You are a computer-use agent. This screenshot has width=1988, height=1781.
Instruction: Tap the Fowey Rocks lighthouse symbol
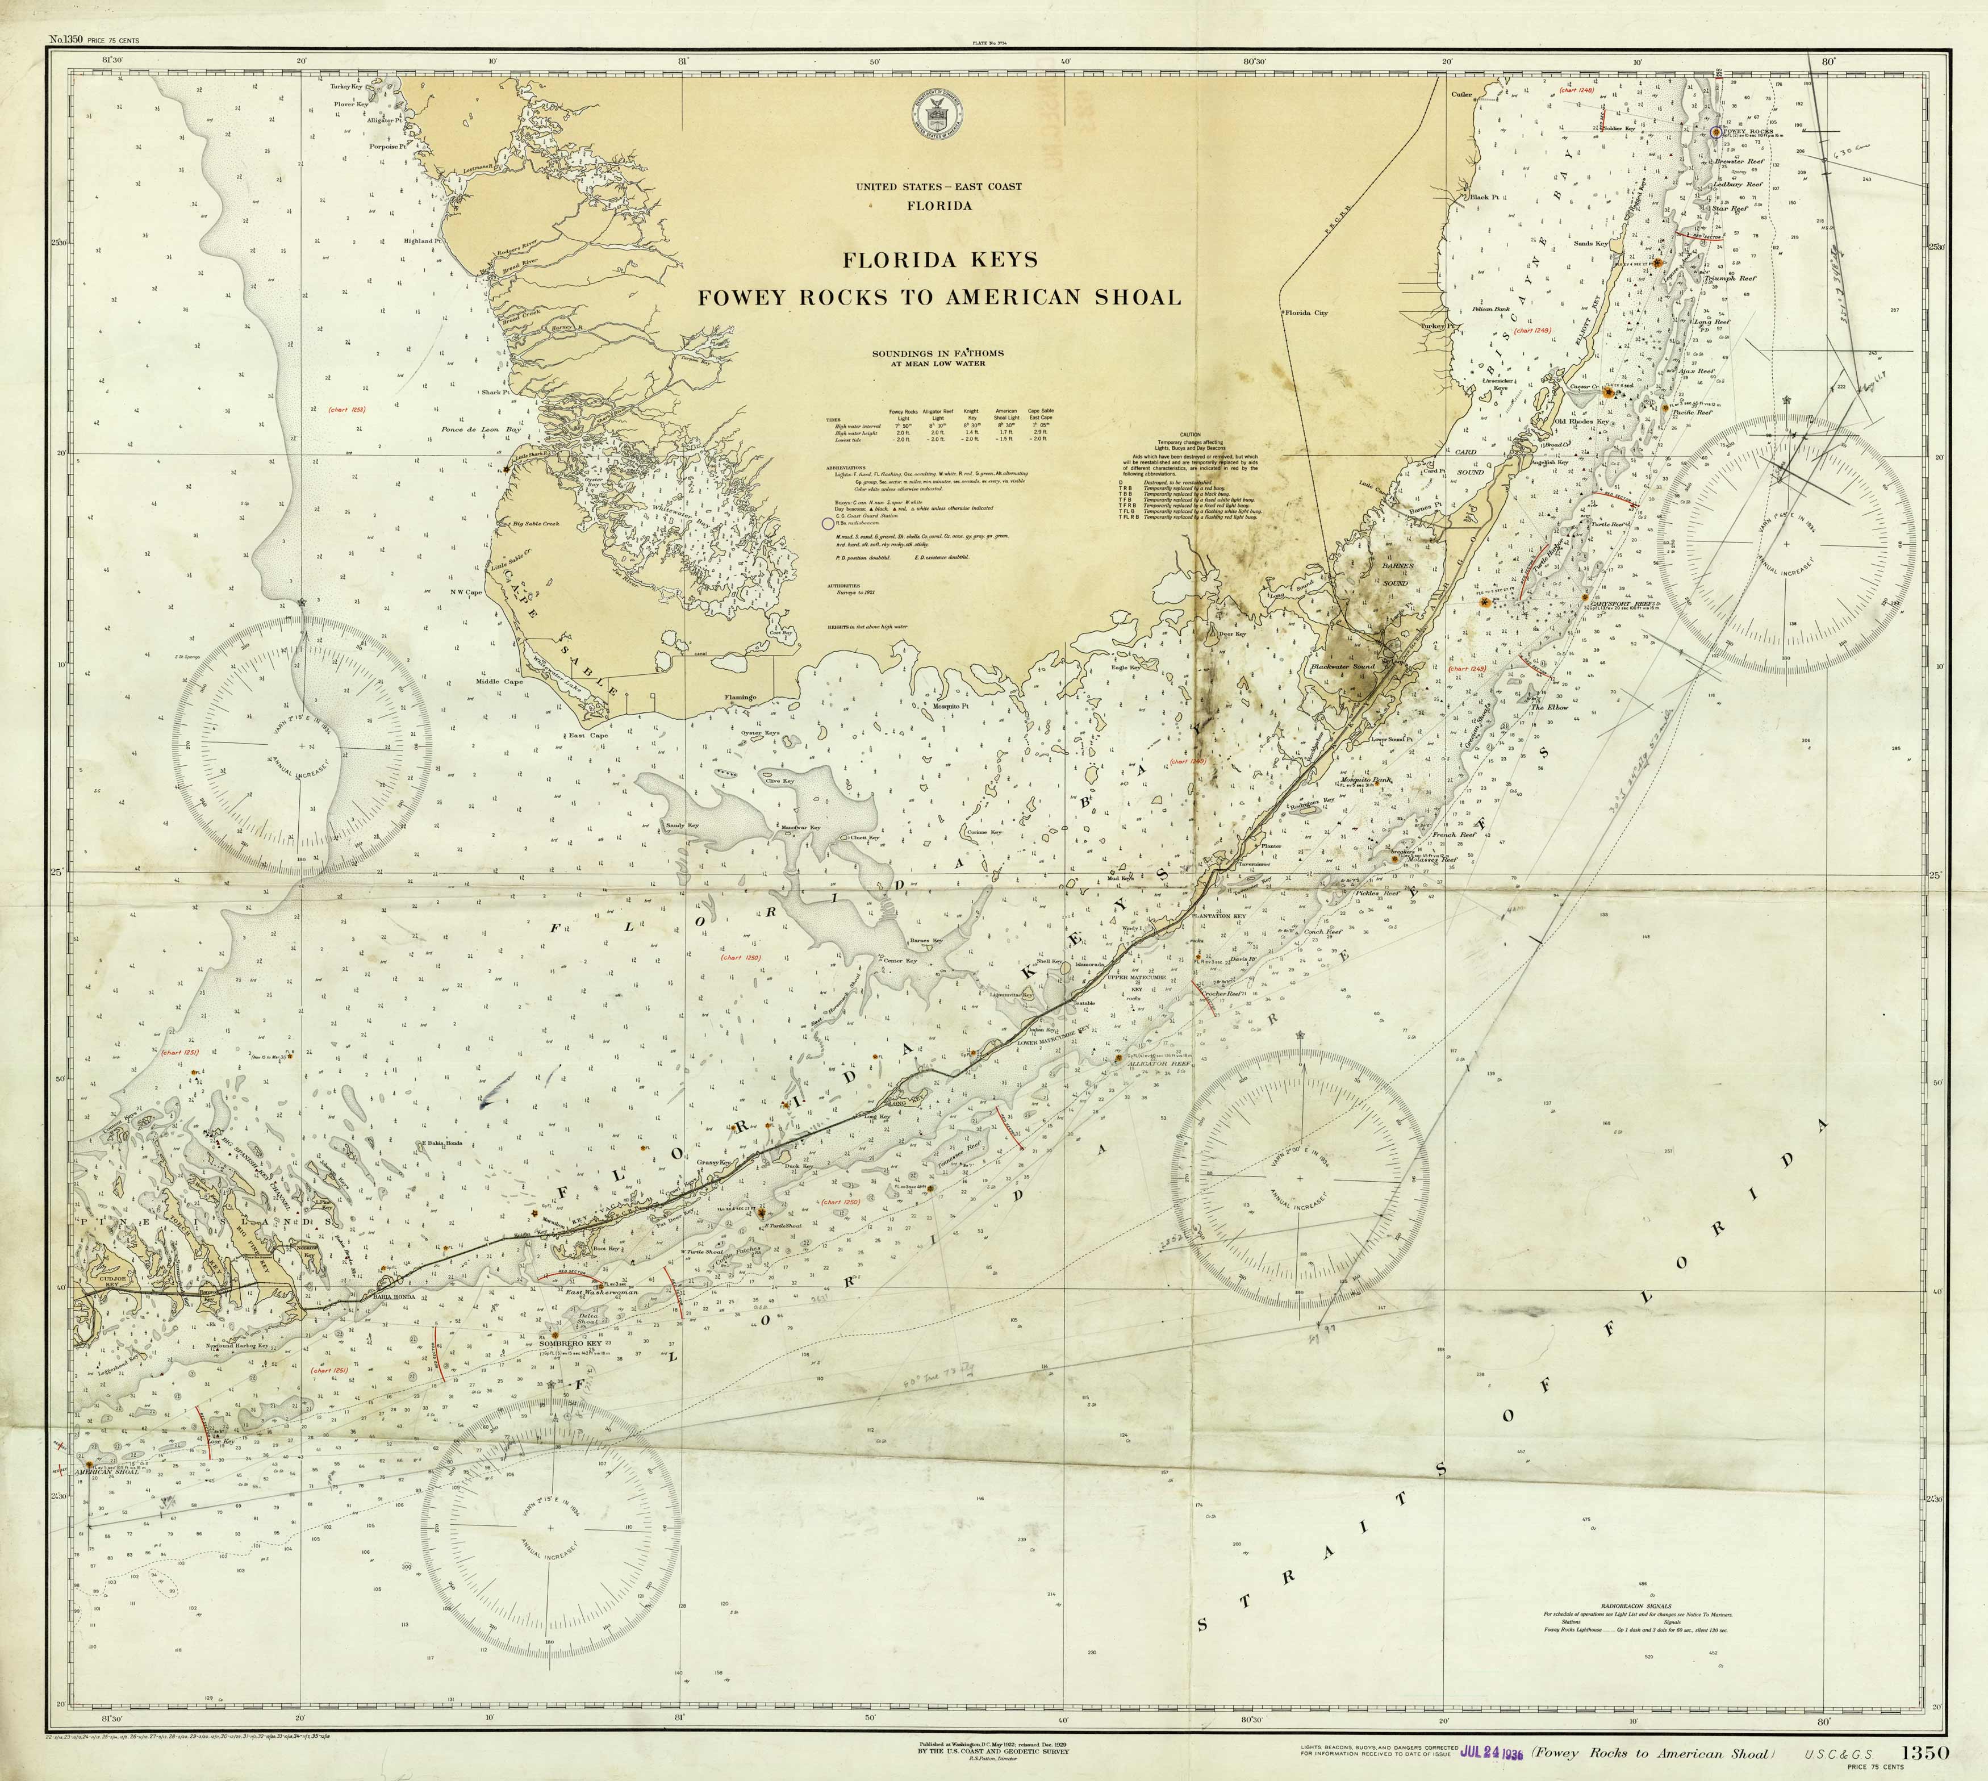pos(1716,131)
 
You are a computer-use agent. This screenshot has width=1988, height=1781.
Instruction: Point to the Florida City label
pos(1306,313)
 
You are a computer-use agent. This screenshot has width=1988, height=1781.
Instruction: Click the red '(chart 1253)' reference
pos(346,409)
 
